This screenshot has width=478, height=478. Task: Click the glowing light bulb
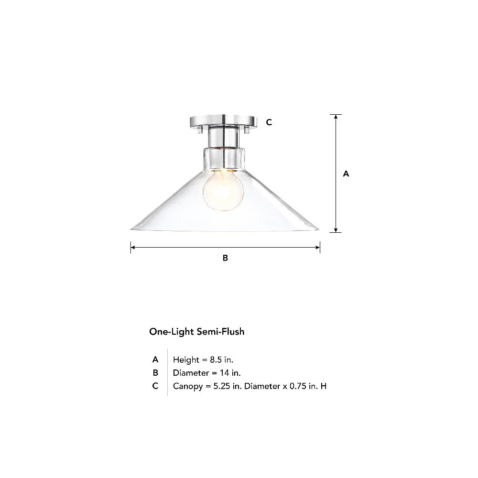pyautogui.click(x=223, y=190)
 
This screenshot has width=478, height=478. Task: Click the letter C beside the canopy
pyautogui.click(x=269, y=122)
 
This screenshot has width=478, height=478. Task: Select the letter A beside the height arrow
pyautogui.click(x=346, y=174)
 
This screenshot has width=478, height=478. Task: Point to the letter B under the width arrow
pyautogui.click(x=225, y=258)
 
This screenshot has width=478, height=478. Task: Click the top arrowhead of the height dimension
pyautogui.click(x=336, y=117)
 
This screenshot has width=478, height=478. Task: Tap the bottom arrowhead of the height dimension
pyautogui.click(x=336, y=230)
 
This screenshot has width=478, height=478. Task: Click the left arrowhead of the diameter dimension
pyautogui.click(x=133, y=248)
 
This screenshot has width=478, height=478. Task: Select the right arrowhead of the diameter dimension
pyautogui.click(x=318, y=248)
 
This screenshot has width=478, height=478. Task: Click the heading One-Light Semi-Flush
pyautogui.click(x=196, y=332)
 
